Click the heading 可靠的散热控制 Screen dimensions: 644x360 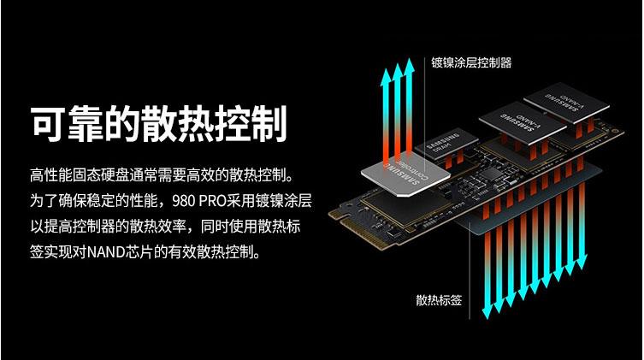pos(157,124)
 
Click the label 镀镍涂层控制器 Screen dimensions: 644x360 pos(471,62)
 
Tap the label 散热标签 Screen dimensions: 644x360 pos(439,300)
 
